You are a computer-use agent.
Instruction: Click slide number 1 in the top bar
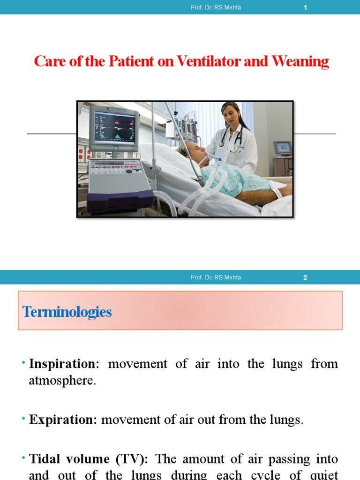click(305, 7)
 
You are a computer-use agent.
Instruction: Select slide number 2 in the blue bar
click(305, 277)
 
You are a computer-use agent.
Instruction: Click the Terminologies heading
click(67, 312)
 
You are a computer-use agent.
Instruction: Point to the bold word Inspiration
click(62, 364)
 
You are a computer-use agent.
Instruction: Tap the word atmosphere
click(62, 381)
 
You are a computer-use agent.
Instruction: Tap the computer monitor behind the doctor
click(282, 148)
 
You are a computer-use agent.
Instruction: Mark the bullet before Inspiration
click(23, 362)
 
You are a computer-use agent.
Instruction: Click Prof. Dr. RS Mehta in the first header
click(216, 7)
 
